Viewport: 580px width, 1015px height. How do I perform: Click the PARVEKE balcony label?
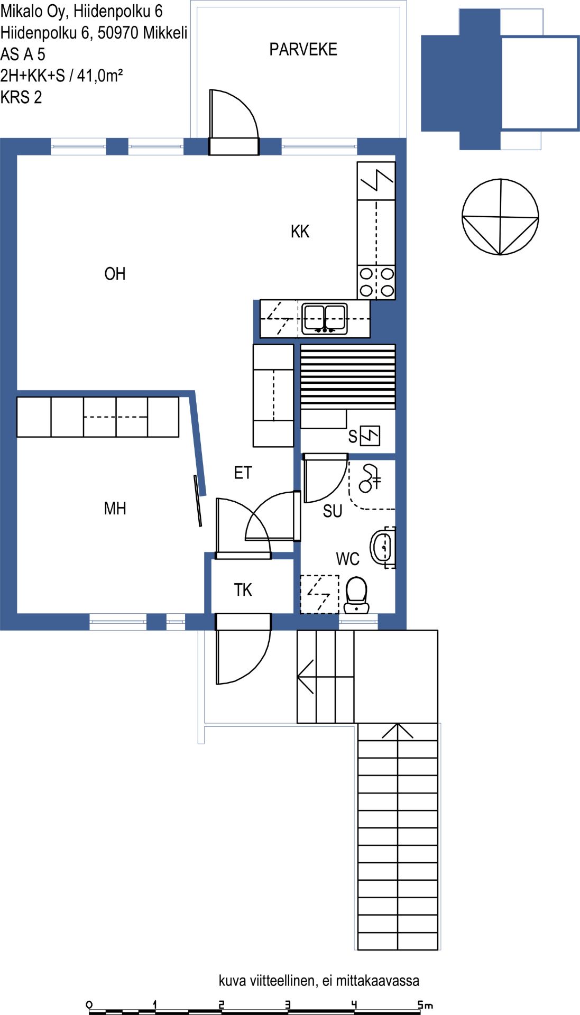point(303,49)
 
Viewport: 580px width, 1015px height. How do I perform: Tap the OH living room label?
point(115,273)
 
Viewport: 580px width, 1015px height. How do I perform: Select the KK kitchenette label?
point(300,231)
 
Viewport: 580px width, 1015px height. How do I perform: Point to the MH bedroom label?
point(115,508)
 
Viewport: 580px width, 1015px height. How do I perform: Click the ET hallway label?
point(243,472)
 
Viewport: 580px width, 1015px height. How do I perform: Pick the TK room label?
point(243,589)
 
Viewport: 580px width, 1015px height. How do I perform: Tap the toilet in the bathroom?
point(356,595)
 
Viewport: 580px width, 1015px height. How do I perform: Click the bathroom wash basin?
point(383,547)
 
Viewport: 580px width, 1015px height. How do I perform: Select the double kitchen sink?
point(325,319)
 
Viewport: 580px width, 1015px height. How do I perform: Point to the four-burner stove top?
point(376,282)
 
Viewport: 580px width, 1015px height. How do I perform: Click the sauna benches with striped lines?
point(348,376)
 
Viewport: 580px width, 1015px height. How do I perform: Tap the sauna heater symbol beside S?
point(370,436)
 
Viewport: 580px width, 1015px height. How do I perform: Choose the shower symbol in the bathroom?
point(370,477)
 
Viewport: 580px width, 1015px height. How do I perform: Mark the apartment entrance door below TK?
point(243,649)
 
